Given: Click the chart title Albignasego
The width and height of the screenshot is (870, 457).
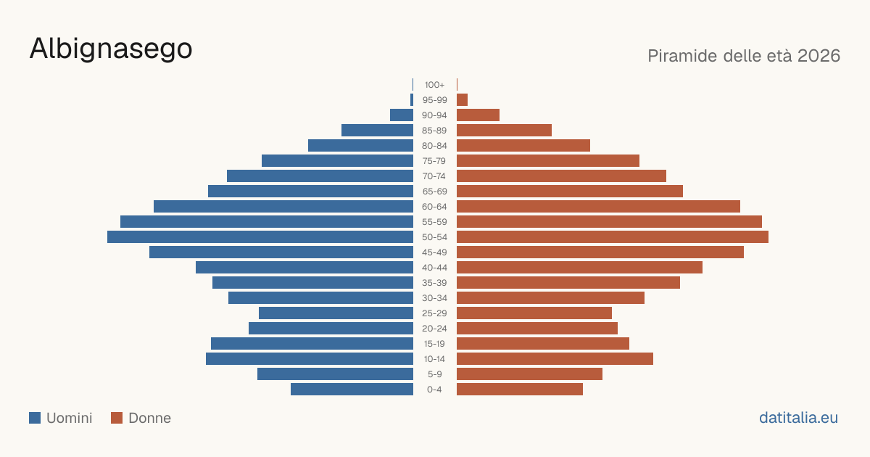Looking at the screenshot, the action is pyautogui.click(x=111, y=49).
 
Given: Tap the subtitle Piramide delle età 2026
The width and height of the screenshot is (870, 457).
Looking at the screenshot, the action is pyautogui.click(x=744, y=56).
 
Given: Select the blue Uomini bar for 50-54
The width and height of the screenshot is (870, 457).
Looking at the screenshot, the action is pyautogui.click(x=260, y=237).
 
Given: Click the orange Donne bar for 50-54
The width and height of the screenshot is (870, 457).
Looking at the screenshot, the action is pyautogui.click(x=613, y=237).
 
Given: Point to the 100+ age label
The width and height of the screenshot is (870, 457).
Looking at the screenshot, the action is pyautogui.click(x=434, y=85).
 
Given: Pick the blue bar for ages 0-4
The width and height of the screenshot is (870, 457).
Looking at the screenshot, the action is pyautogui.click(x=352, y=390).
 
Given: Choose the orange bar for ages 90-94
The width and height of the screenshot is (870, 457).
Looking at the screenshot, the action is pyautogui.click(x=478, y=115).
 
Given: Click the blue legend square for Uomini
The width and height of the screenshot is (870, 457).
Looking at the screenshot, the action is pyautogui.click(x=35, y=418).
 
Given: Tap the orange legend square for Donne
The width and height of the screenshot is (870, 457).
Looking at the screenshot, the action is pyautogui.click(x=117, y=418).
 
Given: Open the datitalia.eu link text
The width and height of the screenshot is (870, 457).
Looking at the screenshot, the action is pyautogui.click(x=798, y=418).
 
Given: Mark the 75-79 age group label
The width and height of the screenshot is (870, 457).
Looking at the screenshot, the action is pyautogui.click(x=434, y=161).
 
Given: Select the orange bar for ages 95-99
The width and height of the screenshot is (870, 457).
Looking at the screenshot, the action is pyautogui.click(x=463, y=100).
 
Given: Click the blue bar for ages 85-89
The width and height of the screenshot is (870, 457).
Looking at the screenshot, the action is pyautogui.click(x=377, y=130).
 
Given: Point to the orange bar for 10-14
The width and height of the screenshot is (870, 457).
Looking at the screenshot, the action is pyautogui.click(x=555, y=358).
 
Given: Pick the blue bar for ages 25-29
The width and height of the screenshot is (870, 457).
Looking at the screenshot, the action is pyautogui.click(x=336, y=313).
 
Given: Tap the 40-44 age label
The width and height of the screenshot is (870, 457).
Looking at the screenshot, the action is pyautogui.click(x=434, y=268).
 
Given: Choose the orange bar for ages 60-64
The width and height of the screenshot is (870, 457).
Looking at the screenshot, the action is pyautogui.click(x=599, y=206).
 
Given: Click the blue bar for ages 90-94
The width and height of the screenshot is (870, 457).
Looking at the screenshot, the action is pyautogui.click(x=402, y=115).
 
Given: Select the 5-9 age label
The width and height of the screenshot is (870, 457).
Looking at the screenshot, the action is pyautogui.click(x=434, y=374).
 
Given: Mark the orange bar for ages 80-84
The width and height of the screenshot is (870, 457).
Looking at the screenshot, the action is pyautogui.click(x=523, y=145).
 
